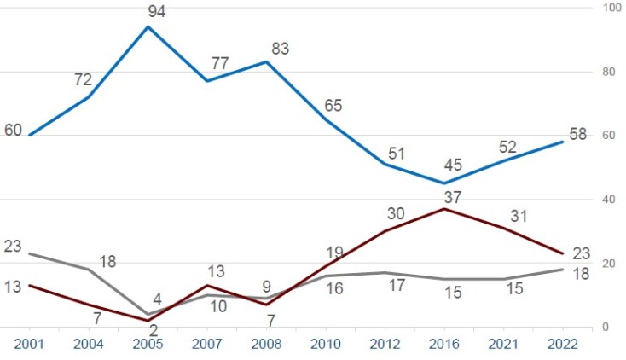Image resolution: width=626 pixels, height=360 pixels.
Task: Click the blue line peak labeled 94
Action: [148, 26]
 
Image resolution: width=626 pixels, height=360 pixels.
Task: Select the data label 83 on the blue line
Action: [280, 49]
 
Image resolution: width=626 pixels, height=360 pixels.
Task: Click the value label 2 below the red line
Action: [154, 331]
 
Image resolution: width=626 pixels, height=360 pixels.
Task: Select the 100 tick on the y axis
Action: [612, 9]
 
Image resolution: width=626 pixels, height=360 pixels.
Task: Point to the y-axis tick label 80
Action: [609, 72]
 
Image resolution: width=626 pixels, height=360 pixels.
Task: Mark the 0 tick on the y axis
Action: [606, 328]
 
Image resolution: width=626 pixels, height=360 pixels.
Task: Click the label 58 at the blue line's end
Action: [579, 136]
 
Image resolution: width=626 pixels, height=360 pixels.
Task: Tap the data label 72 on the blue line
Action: [83, 80]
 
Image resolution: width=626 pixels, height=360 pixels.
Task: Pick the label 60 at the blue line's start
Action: [13, 131]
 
